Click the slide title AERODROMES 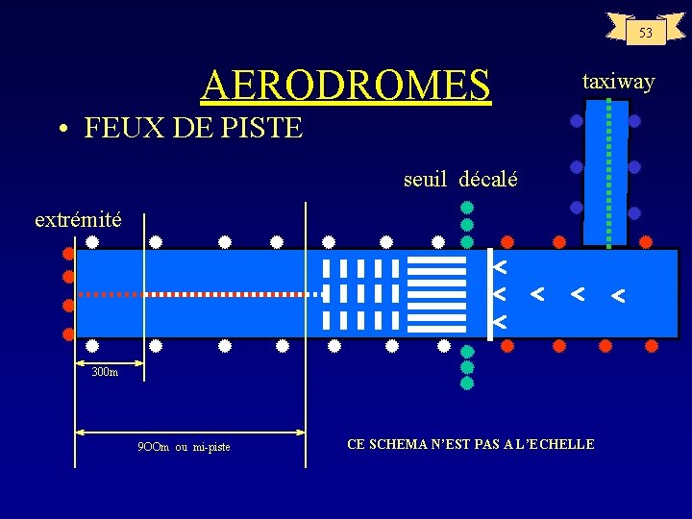coord(345,85)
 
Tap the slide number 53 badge coord(646,33)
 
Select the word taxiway coord(618,82)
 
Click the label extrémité coord(78,219)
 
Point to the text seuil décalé coord(460,179)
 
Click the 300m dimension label coord(105,372)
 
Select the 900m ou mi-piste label coord(185,447)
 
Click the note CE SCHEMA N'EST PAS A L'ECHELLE coord(470,444)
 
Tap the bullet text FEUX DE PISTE coord(192,127)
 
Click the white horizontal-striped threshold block coord(437,293)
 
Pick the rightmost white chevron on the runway coord(619,297)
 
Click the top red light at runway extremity coord(68,255)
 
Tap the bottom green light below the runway coord(467,383)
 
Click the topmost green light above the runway coord(467,207)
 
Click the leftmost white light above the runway coord(93,241)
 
